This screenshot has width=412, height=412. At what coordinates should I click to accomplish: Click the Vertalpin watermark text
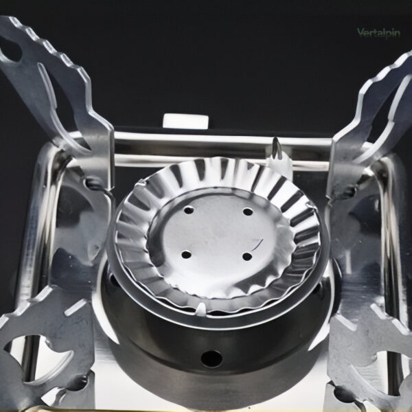point(378,33)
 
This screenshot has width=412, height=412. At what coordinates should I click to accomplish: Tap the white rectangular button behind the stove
point(186,122)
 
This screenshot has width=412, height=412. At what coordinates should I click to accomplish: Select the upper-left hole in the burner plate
point(189,210)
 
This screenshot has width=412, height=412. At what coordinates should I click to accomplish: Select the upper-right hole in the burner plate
point(248,211)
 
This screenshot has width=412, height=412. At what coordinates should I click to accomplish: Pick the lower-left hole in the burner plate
point(186,255)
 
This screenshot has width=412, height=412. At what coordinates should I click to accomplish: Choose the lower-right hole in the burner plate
point(247,256)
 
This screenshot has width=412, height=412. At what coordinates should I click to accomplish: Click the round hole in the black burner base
point(211,359)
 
